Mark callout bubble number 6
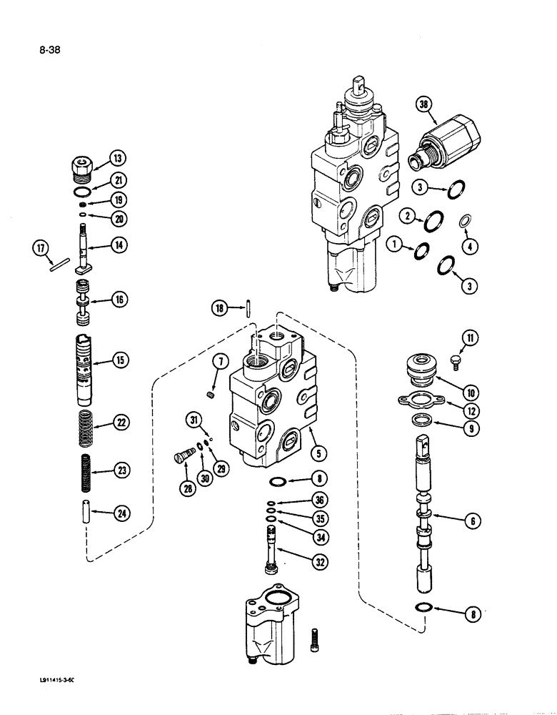click(x=471, y=522)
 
